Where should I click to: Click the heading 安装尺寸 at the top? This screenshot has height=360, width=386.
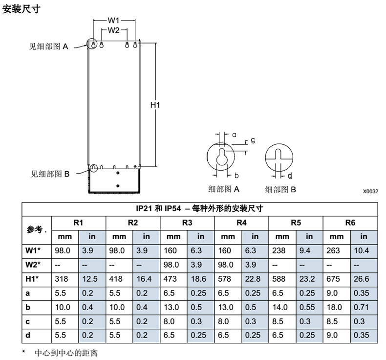21,9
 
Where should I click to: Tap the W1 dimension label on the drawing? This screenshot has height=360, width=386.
114,21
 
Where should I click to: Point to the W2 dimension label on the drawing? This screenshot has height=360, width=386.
114,30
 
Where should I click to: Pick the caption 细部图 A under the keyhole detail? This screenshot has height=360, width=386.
223,189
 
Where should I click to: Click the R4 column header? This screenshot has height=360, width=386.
241,223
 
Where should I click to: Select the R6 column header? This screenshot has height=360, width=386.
350,223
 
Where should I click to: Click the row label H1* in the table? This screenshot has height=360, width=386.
33,279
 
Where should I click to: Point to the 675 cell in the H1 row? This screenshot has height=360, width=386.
336,279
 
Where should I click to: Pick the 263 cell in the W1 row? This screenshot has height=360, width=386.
336,250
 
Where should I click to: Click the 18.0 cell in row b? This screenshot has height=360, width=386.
336,307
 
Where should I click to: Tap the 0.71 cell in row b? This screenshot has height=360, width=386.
364,307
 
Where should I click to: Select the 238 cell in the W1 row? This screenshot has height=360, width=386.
282,250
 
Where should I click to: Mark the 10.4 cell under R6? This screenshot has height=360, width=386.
364,250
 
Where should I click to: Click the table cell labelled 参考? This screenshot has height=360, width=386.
36,229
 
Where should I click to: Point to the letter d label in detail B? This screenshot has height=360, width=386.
290,176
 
